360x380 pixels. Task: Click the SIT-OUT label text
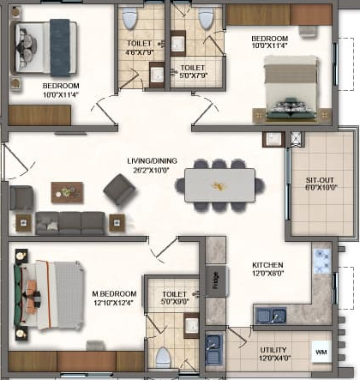pyautogui.click(x=320, y=180)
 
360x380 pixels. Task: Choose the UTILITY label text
pyautogui.click(x=274, y=350)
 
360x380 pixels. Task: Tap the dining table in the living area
pyautogui.click(x=219, y=184)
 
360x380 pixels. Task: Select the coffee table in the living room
pyautogui.click(x=67, y=191)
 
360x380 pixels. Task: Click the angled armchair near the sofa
pyautogui.click(x=119, y=190)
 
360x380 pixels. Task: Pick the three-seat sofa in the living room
pyautogui.click(x=69, y=223)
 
